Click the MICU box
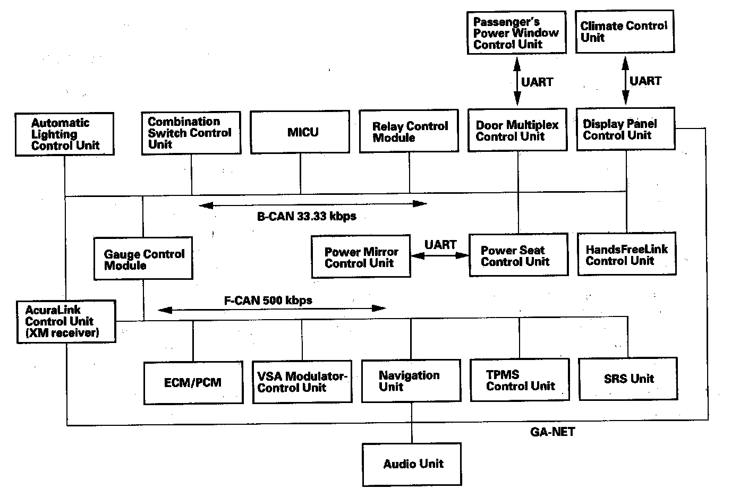click(x=300, y=132)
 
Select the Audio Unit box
click(x=412, y=464)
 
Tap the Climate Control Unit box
click(x=625, y=31)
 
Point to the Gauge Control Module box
click(x=143, y=259)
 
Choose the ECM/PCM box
click(x=193, y=382)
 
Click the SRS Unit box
click(x=628, y=379)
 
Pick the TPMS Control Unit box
click(x=520, y=380)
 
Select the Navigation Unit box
click(x=411, y=381)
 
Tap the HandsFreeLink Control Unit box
click(x=627, y=254)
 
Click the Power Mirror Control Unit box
click(x=361, y=258)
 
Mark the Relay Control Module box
click(x=409, y=132)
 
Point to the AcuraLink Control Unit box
click(x=66, y=322)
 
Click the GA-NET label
click(x=552, y=432)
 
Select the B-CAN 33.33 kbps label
click(x=307, y=216)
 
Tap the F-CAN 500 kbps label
click(x=268, y=300)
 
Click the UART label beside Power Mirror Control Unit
click(x=440, y=245)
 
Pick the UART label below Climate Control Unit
click(x=645, y=81)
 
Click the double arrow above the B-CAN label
click(x=312, y=204)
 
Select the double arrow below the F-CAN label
click(x=271, y=309)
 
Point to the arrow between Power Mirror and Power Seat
click(x=440, y=255)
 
